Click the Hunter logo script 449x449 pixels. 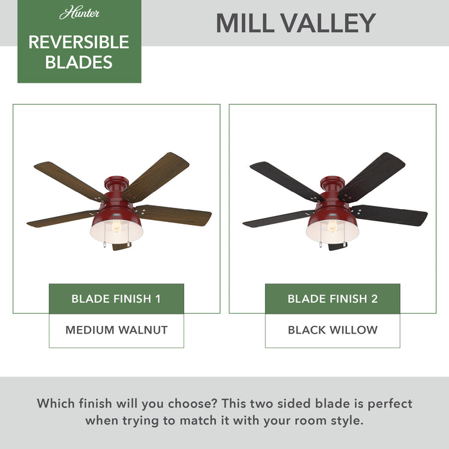(79, 13)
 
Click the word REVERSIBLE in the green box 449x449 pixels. (79, 42)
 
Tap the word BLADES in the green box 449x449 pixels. (79, 62)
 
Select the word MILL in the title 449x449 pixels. (248, 23)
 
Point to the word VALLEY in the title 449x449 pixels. (330, 23)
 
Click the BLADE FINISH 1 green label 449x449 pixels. (116, 299)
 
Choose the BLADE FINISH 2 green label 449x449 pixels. (332, 299)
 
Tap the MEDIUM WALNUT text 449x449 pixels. (116, 330)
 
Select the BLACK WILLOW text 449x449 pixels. (332, 330)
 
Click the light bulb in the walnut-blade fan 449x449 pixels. (117, 227)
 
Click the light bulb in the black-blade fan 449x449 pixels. (332, 227)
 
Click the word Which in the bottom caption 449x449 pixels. (56, 403)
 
